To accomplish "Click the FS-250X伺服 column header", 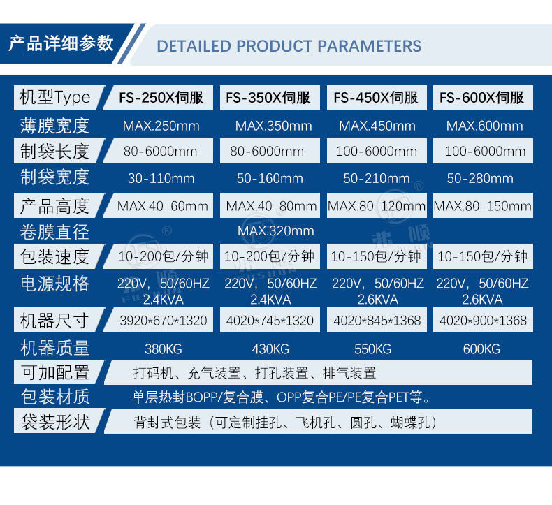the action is pyautogui.click(x=161, y=98).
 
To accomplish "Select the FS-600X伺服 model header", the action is pyautogui.click(x=481, y=98).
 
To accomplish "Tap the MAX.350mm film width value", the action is pyautogui.click(x=273, y=126).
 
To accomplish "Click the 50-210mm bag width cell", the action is pyautogui.click(x=377, y=178).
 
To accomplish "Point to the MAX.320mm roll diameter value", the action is pyautogui.click(x=275, y=231).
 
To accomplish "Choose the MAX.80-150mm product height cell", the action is pyautogui.click(x=483, y=205).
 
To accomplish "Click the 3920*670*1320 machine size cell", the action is pyautogui.click(x=163, y=321).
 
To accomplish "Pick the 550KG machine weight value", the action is pyautogui.click(x=373, y=349).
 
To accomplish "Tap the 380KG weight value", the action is pyautogui.click(x=163, y=349).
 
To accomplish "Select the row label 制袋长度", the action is pyautogui.click(x=55, y=152).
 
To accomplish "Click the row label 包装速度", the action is pyautogui.click(x=55, y=256).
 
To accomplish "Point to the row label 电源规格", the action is pyautogui.click(x=55, y=284).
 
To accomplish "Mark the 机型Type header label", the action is pyautogui.click(x=55, y=98).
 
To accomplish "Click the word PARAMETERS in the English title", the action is pyautogui.click(x=370, y=46).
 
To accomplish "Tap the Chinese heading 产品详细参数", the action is pyautogui.click(x=61, y=43).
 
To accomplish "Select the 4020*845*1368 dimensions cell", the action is pyautogui.click(x=377, y=321).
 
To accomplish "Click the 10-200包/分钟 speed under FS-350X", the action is pyautogui.click(x=269, y=256).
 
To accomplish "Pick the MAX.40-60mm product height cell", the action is pyautogui.click(x=163, y=205).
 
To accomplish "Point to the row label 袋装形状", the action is pyautogui.click(x=55, y=422).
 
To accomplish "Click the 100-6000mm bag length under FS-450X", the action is pyautogui.click(x=377, y=152).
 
